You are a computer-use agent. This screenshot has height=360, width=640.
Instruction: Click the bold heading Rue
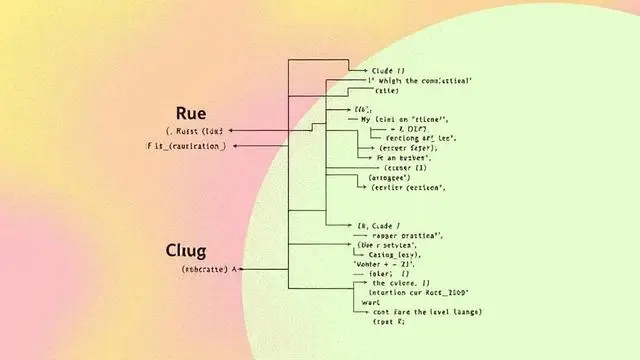point(190,112)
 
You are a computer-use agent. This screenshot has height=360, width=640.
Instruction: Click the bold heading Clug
point(193,250)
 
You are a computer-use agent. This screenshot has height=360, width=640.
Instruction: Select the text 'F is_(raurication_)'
point(185,146)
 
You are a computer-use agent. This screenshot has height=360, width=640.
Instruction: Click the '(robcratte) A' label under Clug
point(209,269)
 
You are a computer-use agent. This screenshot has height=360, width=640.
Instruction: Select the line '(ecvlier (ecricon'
point(409,187)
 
